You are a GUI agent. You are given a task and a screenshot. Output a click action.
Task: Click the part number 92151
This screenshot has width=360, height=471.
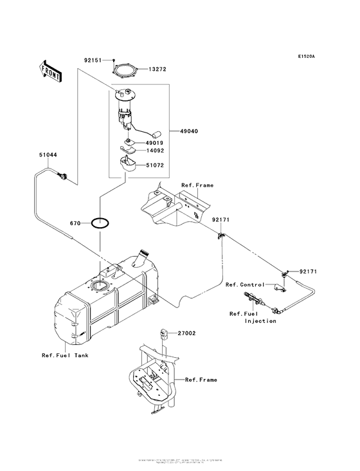click(x=93, y=60)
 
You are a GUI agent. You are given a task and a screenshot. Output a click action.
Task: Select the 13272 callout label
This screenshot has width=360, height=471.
click(x=159, y=68)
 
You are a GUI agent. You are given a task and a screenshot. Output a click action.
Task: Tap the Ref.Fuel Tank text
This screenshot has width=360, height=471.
click(x=66, y=355)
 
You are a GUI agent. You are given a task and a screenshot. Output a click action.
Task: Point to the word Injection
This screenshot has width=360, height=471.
click(x=261, y=320)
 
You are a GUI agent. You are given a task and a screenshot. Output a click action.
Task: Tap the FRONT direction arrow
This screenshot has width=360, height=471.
click(x=51, y=70)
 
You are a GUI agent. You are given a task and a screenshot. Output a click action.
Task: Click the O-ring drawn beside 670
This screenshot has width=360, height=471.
click(x=100, y=224)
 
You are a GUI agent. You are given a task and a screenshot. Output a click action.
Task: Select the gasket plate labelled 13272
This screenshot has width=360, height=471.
click(x=126, y=68)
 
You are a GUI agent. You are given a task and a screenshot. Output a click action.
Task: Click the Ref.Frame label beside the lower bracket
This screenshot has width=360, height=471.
click(x=201, y=380)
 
